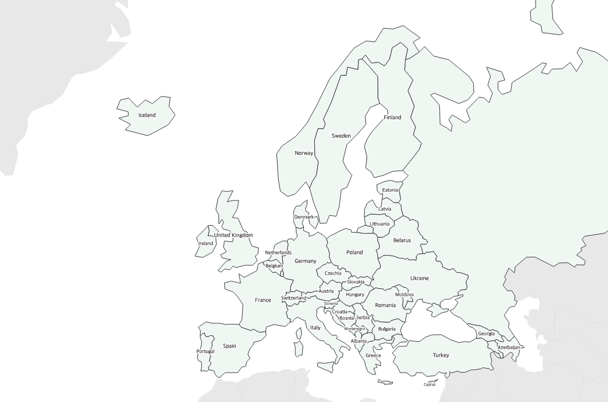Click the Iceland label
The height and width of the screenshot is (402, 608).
147,115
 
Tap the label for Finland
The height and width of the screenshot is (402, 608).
392,117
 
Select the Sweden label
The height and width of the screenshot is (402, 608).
341,136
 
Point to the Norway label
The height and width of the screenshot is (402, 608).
304,153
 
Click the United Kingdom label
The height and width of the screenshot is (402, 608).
233,235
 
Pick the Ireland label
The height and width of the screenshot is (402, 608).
205,243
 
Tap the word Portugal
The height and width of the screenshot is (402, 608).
205,351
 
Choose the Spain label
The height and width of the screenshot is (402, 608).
229,346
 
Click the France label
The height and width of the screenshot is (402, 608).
263,300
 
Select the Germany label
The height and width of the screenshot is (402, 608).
305,261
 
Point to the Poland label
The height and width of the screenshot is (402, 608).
354,252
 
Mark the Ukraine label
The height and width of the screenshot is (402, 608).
419,278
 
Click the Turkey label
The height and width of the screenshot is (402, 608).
441,355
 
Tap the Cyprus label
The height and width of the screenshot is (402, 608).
430,385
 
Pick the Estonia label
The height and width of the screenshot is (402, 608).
390,190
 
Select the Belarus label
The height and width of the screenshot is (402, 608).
402,240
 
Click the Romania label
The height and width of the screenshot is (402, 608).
385,305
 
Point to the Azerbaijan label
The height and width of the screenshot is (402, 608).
509,347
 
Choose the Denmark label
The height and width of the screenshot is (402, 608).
304,217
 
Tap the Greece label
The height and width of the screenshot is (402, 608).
373,355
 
